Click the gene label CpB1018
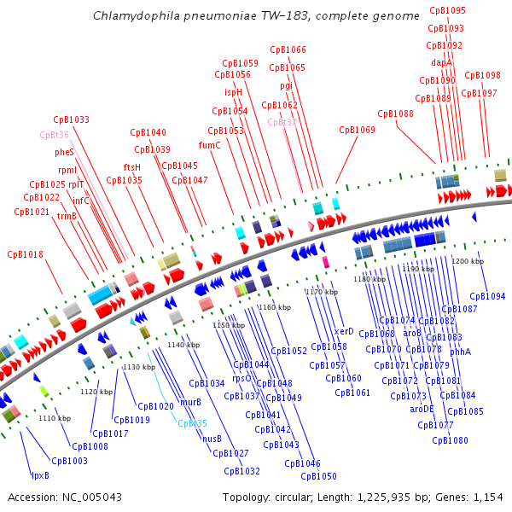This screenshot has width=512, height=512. click(x=25, y=254)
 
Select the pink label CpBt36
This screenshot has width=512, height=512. click(x=54, y=135)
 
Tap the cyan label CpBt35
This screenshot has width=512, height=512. click(x=192, y=423)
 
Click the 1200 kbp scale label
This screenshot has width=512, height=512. click(x=468, y=261)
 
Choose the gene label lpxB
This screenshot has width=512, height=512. click(x=40, y=475)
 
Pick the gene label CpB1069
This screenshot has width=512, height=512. click(x=357, y=131)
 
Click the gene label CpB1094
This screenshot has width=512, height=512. click(x=487, y=296)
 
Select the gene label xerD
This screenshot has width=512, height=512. click(x=344, y=331)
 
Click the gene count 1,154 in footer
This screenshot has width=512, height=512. click(x=487, y=497)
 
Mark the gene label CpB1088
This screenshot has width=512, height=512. click(x=395, y=113)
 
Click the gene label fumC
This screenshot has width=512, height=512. click(x=209, y=145)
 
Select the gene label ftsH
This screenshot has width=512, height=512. click(x=131, y=167)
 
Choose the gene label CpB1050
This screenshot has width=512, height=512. click(x=318, y=476)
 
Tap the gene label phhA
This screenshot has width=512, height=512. click(x=461, y=352)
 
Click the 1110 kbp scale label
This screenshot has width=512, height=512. click(x=55, y=418)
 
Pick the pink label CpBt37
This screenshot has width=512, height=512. click(x=282, y=122)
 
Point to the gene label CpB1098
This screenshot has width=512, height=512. click(x=483, y=75)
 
